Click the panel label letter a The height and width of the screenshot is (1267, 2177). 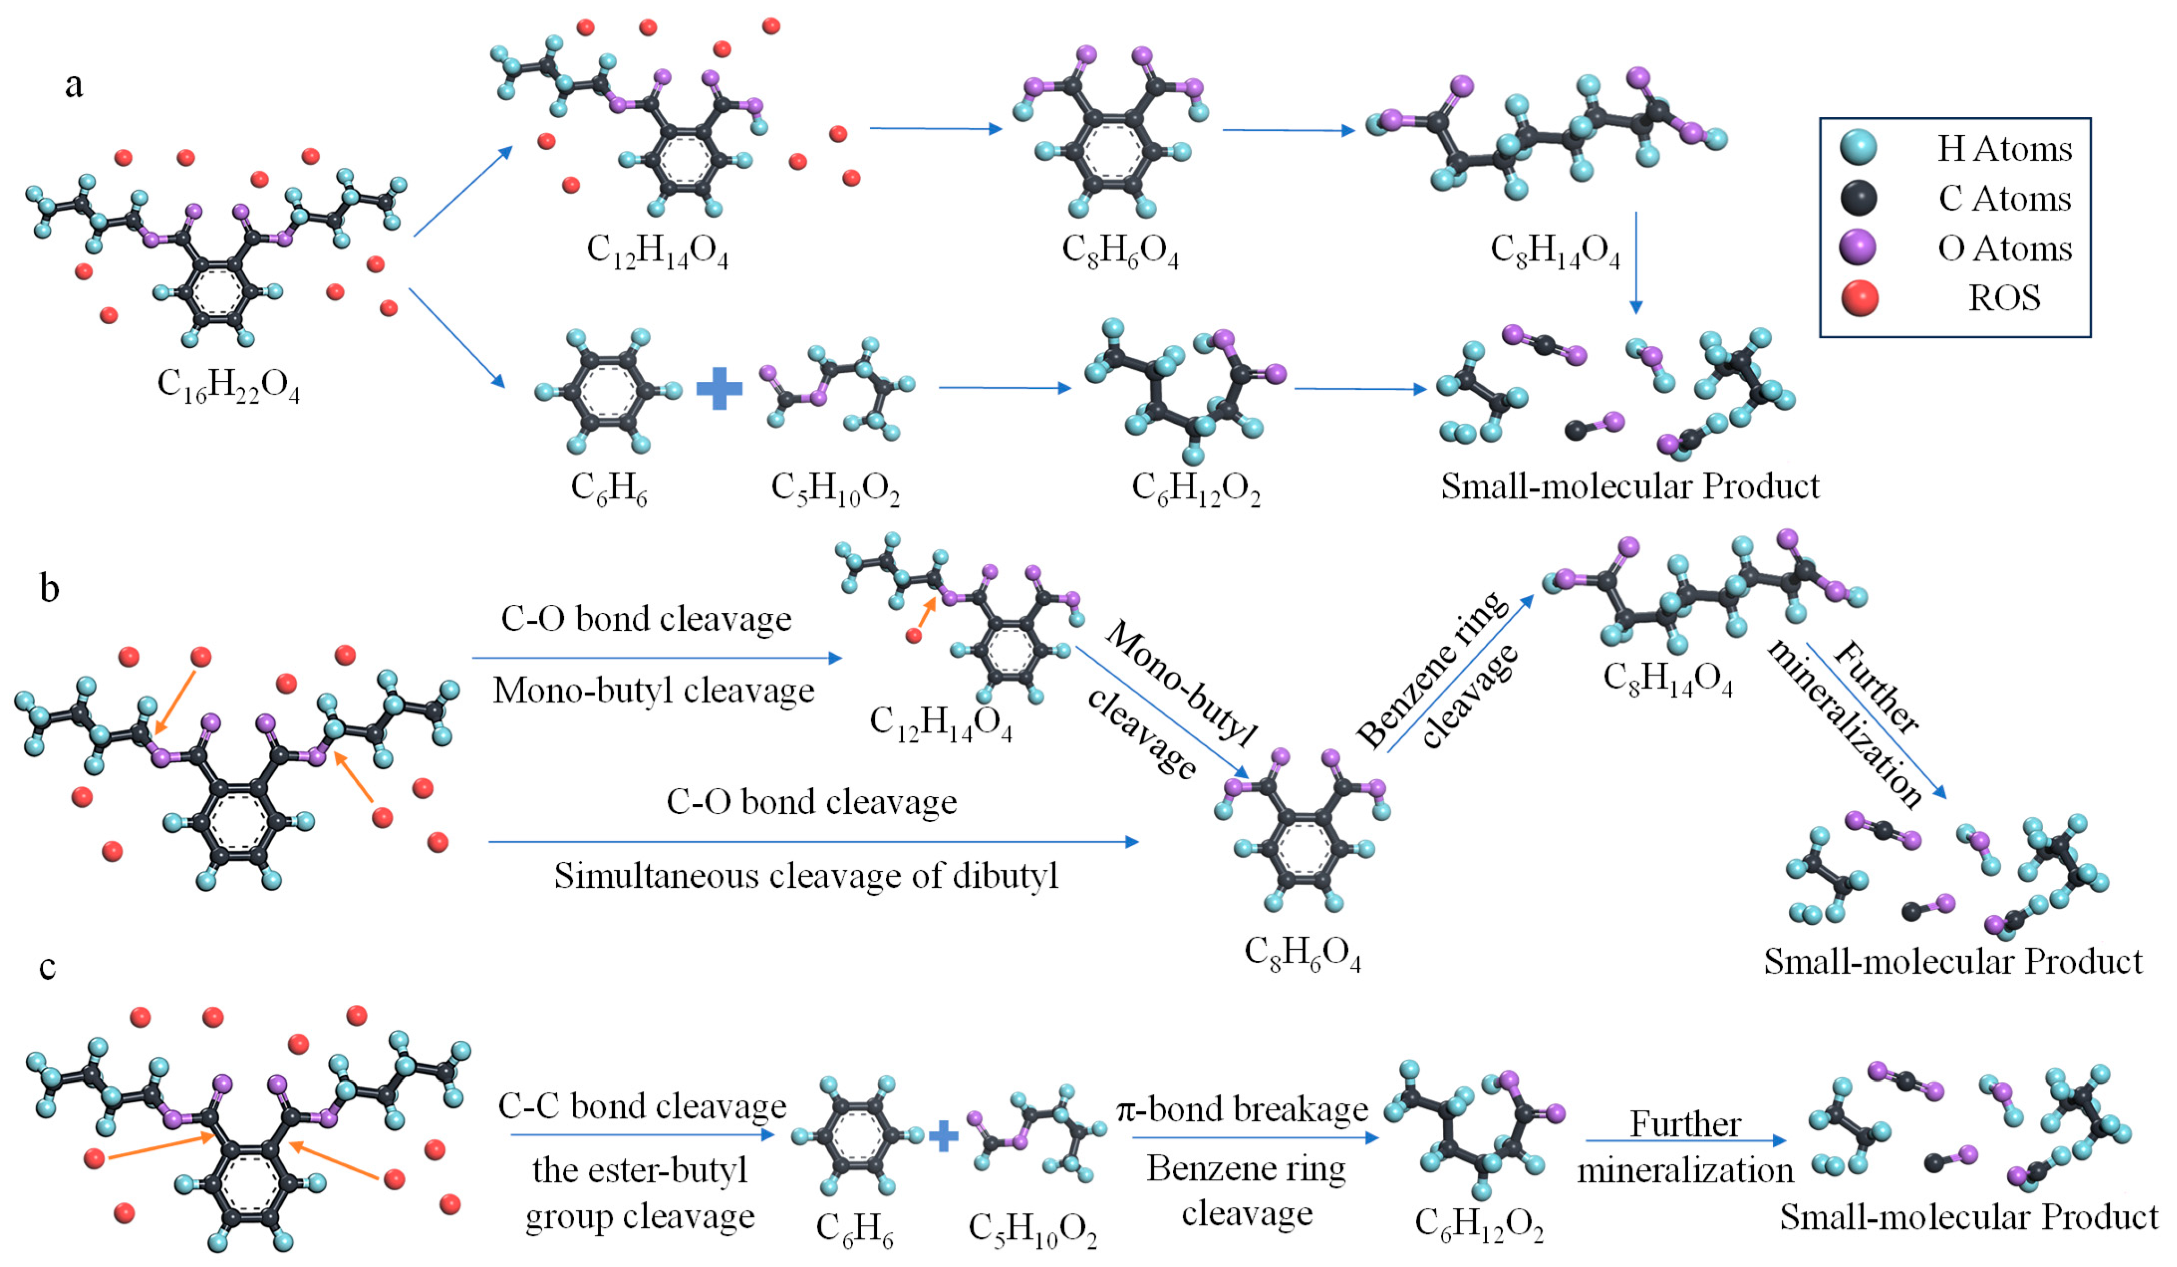pyautogui.click(x=74, y=86)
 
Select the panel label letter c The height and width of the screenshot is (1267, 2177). pyautogui.click(x=48, y=966)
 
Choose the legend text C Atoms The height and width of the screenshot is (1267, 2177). pyautogui.click(x=2004, y=199)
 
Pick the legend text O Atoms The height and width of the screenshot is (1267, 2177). pyautogui.click(x=2004, y=249)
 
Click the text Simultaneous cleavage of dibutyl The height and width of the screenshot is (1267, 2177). pyautogui.click(x=806, y=876)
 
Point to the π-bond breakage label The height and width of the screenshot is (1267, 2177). pyautogui.click(x=1242, y=1109)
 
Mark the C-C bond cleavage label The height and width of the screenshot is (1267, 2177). pyautogui.click(x=642, y=1107)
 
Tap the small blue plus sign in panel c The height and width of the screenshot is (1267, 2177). pyautogui.click(x=943, y=1137)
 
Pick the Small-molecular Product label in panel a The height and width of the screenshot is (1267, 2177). pyautogui.click(x=1629, y=487)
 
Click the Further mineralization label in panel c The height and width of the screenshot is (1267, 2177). pyautogui.click(x=1685, y=1148)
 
